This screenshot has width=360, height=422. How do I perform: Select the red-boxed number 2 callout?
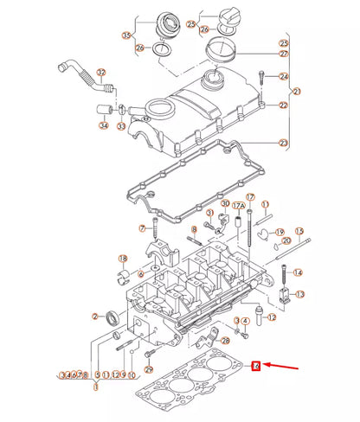click(256, 366)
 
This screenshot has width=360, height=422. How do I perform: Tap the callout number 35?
click(127, 35)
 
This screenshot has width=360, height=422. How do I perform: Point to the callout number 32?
click(100, 72)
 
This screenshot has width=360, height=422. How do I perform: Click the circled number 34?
click(105, 125)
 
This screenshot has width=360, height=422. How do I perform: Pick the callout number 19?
click(280, 232)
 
